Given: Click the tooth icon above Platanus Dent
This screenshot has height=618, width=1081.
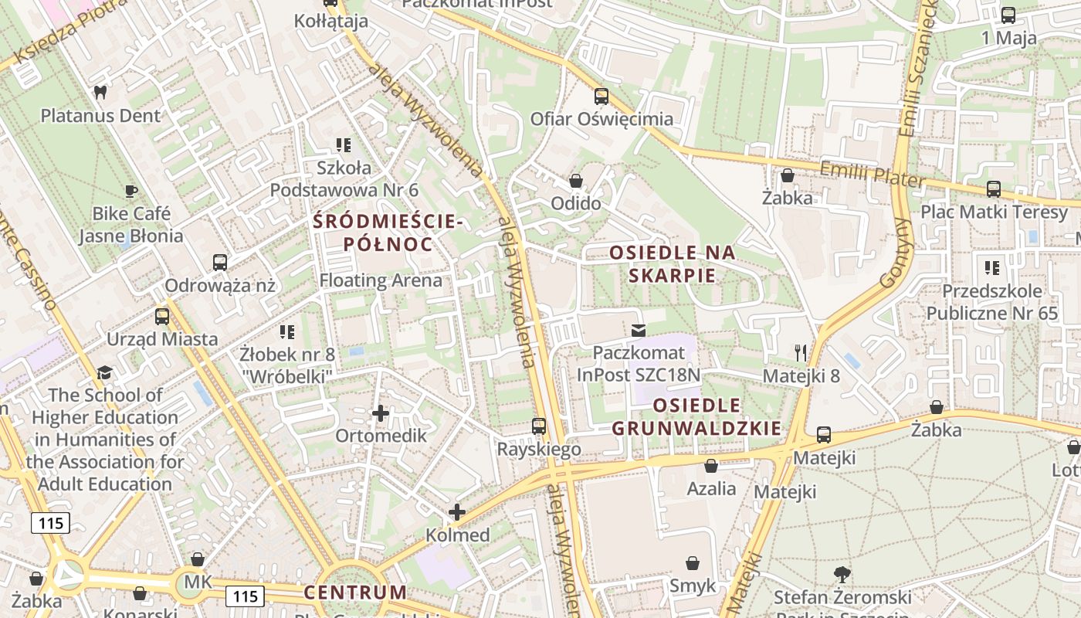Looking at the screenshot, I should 100,92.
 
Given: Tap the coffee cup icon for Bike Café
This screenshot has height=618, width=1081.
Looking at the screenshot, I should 131,190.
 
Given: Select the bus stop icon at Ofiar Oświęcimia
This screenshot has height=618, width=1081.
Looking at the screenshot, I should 601,97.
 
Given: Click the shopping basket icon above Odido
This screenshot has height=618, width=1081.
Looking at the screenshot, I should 575,181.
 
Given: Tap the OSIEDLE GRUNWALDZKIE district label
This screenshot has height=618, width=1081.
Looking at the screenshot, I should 696,416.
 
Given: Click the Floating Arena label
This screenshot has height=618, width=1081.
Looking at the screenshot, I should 381,280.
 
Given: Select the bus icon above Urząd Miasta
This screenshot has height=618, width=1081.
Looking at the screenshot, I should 162,316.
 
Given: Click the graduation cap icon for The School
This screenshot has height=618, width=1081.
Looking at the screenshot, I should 104,372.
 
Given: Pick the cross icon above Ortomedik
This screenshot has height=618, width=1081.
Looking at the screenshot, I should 381,413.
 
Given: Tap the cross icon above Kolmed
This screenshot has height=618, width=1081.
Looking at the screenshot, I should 457,512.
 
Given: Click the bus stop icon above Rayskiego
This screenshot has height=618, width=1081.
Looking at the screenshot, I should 539,426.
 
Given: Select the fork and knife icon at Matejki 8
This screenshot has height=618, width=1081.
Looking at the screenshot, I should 801,353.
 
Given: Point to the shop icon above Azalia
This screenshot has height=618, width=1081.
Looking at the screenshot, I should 711,466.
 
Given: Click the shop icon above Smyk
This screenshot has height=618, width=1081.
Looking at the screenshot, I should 693,563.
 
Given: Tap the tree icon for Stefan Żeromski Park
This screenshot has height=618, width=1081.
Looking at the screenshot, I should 842,574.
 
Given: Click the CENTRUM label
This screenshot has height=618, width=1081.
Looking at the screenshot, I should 354,593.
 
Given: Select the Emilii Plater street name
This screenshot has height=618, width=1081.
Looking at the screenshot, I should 872,174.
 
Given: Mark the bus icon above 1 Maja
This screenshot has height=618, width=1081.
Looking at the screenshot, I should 1008,15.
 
